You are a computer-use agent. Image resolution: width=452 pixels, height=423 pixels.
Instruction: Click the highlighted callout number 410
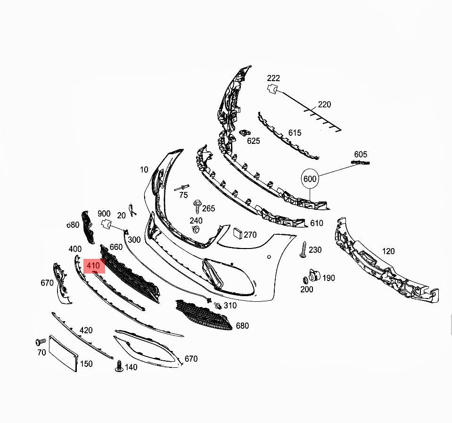93,265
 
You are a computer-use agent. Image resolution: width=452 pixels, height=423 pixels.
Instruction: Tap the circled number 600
310,179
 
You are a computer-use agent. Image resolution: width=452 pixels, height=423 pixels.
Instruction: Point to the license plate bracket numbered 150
64,353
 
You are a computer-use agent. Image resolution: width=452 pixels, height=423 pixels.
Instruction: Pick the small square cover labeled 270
238,233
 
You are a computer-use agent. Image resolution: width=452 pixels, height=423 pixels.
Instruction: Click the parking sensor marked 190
314,275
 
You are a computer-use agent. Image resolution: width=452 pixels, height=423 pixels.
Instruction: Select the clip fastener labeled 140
119,366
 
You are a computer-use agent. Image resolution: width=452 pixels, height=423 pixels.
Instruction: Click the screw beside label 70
41,342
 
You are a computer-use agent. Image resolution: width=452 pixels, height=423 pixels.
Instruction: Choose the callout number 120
388,251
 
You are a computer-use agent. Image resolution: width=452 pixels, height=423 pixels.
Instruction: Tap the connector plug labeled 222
272,89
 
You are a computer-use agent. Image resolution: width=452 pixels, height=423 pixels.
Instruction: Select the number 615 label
295,133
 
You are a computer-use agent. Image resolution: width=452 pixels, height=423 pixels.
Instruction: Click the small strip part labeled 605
361,163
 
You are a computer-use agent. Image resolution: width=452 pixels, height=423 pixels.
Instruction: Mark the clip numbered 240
196,230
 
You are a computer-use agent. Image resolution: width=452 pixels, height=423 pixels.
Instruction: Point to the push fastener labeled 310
218,305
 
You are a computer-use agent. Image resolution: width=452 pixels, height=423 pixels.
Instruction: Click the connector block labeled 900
106,224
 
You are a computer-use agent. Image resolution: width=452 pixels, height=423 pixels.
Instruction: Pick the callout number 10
144,170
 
